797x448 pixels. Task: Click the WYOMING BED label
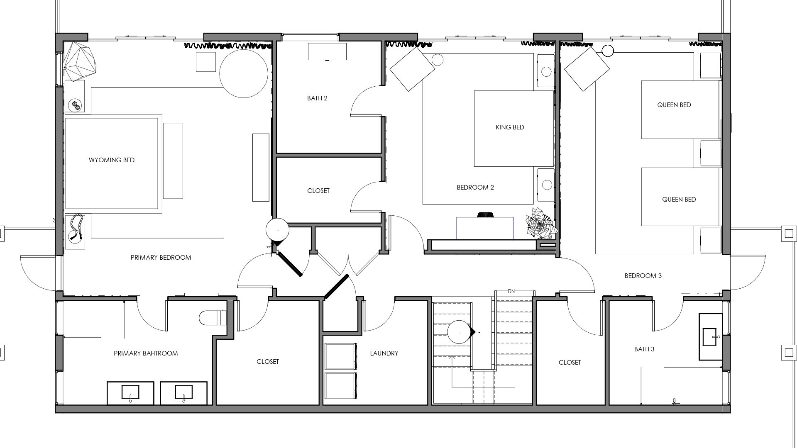(x=112, y=160)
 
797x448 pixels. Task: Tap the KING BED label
(x=510, y=127)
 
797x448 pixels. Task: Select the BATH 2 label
(x=317, y=98)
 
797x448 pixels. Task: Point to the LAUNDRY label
(x=384, y=353)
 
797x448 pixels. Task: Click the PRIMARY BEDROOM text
(x=161, y=258)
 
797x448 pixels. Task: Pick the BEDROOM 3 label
(x=643, y=276)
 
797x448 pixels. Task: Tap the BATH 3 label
(x=644, y=349)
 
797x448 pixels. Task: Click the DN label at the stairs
(x=511, y=292)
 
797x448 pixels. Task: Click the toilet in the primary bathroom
(x=213, y=318)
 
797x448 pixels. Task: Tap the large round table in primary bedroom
(x=244, y=74)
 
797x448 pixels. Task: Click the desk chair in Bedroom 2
(x=484, y=215)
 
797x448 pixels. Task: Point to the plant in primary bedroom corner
(x=80, y=62)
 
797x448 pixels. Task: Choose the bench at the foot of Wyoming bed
(x=173, y=161)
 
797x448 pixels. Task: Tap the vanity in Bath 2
(x=327, y=52)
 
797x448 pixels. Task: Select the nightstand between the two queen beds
(x=710, y=153)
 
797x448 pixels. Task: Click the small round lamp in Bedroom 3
(x=608, y=51)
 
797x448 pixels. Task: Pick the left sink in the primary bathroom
(x=130, y=392)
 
